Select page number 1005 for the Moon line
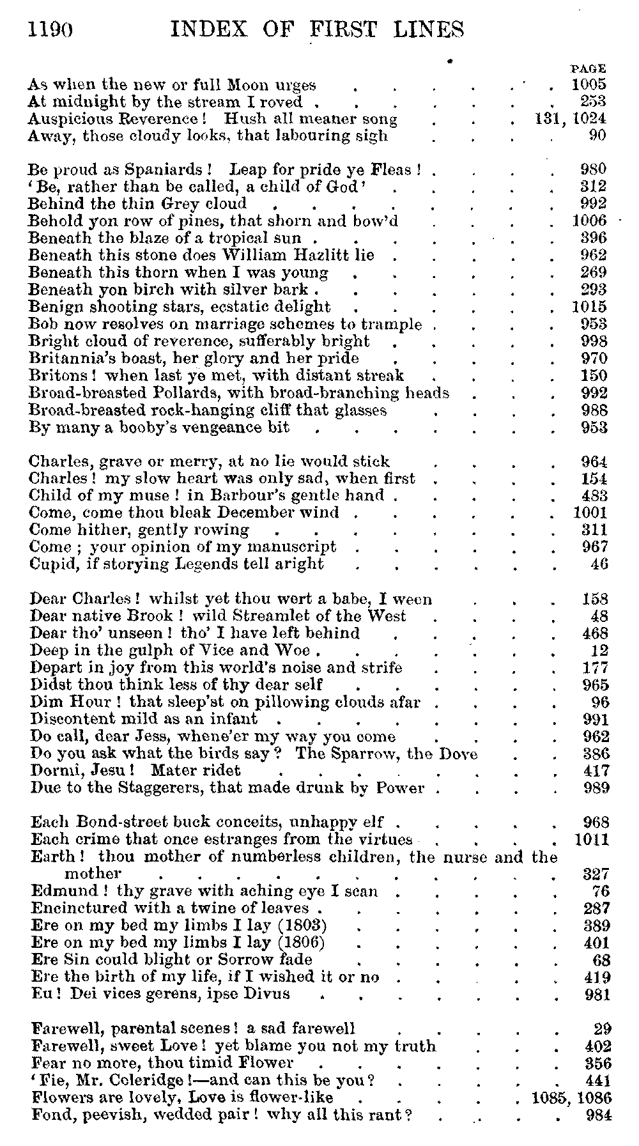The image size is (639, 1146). tap(589, 84)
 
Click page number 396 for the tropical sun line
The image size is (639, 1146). tap(594, 238)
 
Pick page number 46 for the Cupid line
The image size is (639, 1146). tap(600, 564)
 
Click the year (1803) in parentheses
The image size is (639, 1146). tap(306, 925)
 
